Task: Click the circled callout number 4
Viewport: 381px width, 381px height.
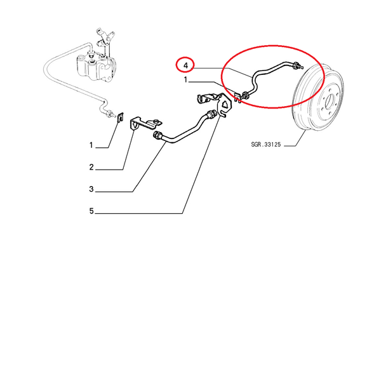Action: coord(185,65)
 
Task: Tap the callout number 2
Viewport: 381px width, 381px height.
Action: coord(91,167)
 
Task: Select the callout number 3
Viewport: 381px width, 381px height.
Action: coord(91,189)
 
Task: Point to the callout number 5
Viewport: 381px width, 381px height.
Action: coord(91,211)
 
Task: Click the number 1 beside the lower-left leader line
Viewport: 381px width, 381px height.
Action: coord(91,145)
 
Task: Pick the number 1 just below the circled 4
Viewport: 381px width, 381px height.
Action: coord(185,80)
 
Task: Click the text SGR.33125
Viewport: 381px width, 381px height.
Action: coord(266,145)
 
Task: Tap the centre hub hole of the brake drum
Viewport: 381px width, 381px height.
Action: coord(330,100)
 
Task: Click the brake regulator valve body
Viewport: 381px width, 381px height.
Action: coord(97,66)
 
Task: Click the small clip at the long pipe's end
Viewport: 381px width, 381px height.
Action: coord(121,117)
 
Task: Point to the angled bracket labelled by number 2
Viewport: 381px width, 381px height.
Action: coord(145,123)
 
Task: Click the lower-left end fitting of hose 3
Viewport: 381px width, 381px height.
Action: coord(157,135)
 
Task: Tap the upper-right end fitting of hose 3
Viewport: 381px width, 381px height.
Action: coord(211,114)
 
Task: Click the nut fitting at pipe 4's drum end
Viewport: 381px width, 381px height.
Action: coord(296,65)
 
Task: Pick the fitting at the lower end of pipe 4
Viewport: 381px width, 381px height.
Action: coord(245,95)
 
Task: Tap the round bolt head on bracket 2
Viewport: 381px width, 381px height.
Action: coord(155,121)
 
